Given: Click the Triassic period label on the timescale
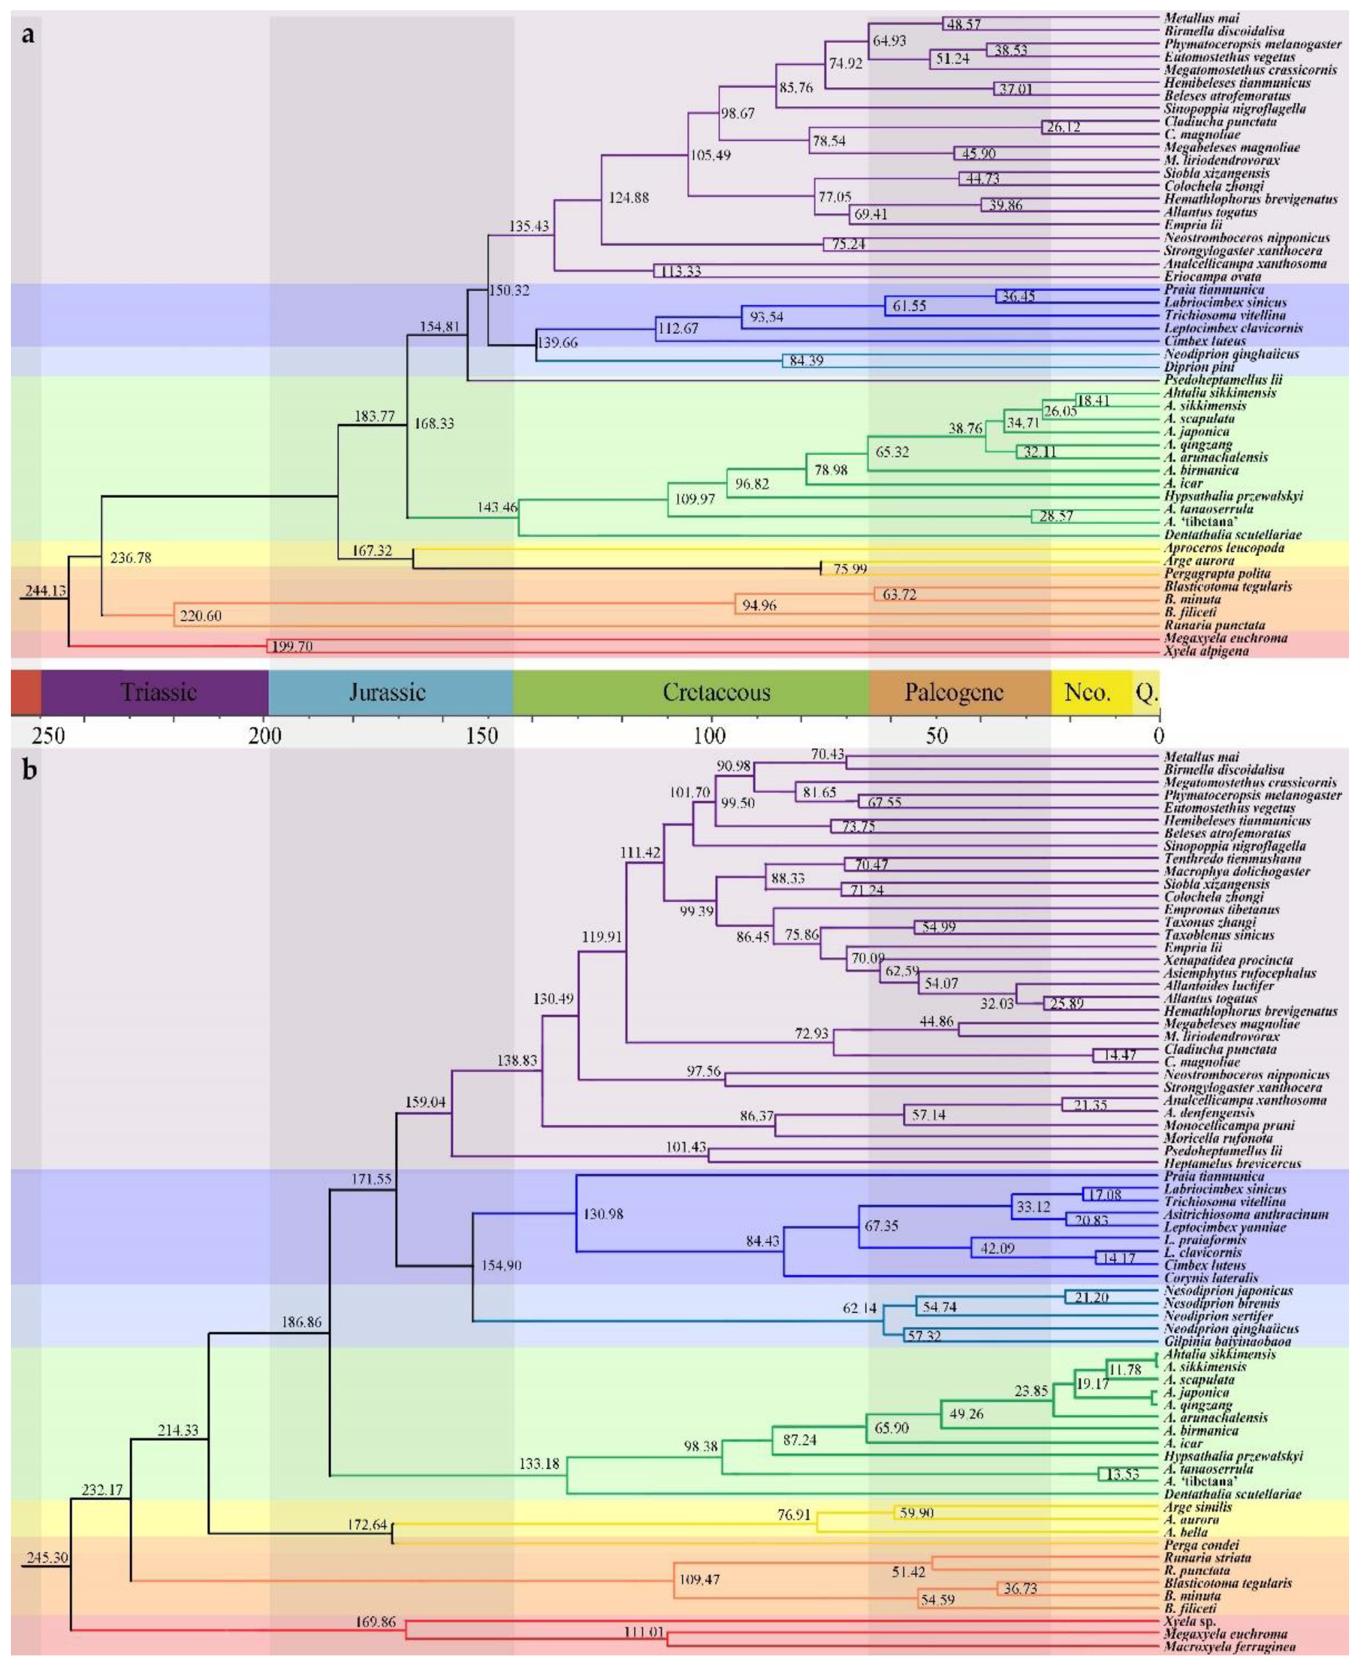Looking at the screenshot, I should coord(159,692).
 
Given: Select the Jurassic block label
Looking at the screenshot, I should coord(387,692).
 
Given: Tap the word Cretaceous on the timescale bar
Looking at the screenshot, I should coord(716,692).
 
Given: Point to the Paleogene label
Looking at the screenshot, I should coord(954,692).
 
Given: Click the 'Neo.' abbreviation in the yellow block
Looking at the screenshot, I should coord(1087,692).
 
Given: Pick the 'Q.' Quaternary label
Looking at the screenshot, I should coord(1146,693).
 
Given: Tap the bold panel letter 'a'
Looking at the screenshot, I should coord(28,35).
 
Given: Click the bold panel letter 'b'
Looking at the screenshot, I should coord(30,770).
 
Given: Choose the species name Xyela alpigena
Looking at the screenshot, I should coord(1206,651).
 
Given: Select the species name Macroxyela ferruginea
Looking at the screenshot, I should coord(1229,1647).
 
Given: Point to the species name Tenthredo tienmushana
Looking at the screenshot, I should coord(1233,858).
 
